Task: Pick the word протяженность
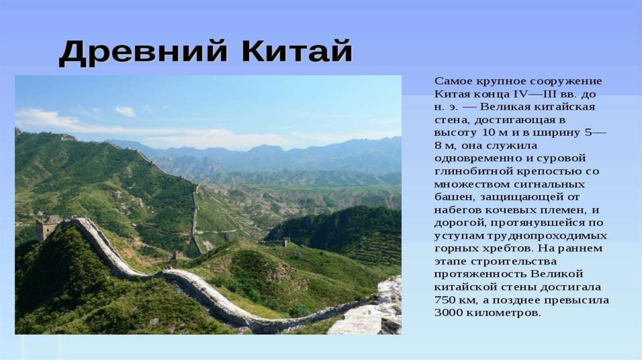pos(479,274)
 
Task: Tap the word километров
pos(504,313)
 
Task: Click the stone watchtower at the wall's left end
pos(48,227)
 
